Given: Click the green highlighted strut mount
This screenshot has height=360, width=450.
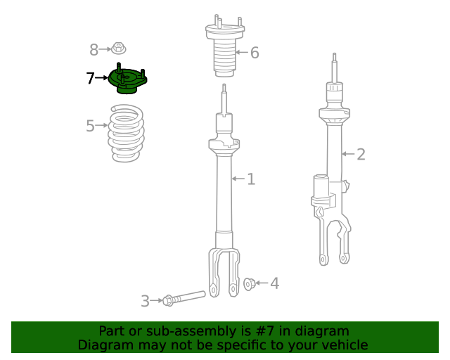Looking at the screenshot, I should click(128, 80).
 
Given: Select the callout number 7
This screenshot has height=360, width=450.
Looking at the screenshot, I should click(90, 79).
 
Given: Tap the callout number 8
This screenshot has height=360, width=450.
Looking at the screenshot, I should click(94, 49).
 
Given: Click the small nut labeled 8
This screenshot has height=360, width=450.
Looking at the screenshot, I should click(119, 49).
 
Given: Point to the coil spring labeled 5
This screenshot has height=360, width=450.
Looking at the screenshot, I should click(127, 134).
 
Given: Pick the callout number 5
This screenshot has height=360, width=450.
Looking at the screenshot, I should click(90, 126).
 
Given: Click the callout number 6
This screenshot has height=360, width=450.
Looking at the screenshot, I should click(255, 52).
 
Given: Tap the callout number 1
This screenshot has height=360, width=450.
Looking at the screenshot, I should click(251, 179).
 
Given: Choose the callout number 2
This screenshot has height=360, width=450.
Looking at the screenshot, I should click(361, 154).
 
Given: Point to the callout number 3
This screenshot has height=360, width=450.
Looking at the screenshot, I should click(145, 302).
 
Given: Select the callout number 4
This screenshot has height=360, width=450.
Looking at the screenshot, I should click(275, 283).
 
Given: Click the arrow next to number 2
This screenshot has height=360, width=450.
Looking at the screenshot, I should click(348, 154).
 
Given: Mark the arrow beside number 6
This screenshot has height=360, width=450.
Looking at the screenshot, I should click(241, 52).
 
